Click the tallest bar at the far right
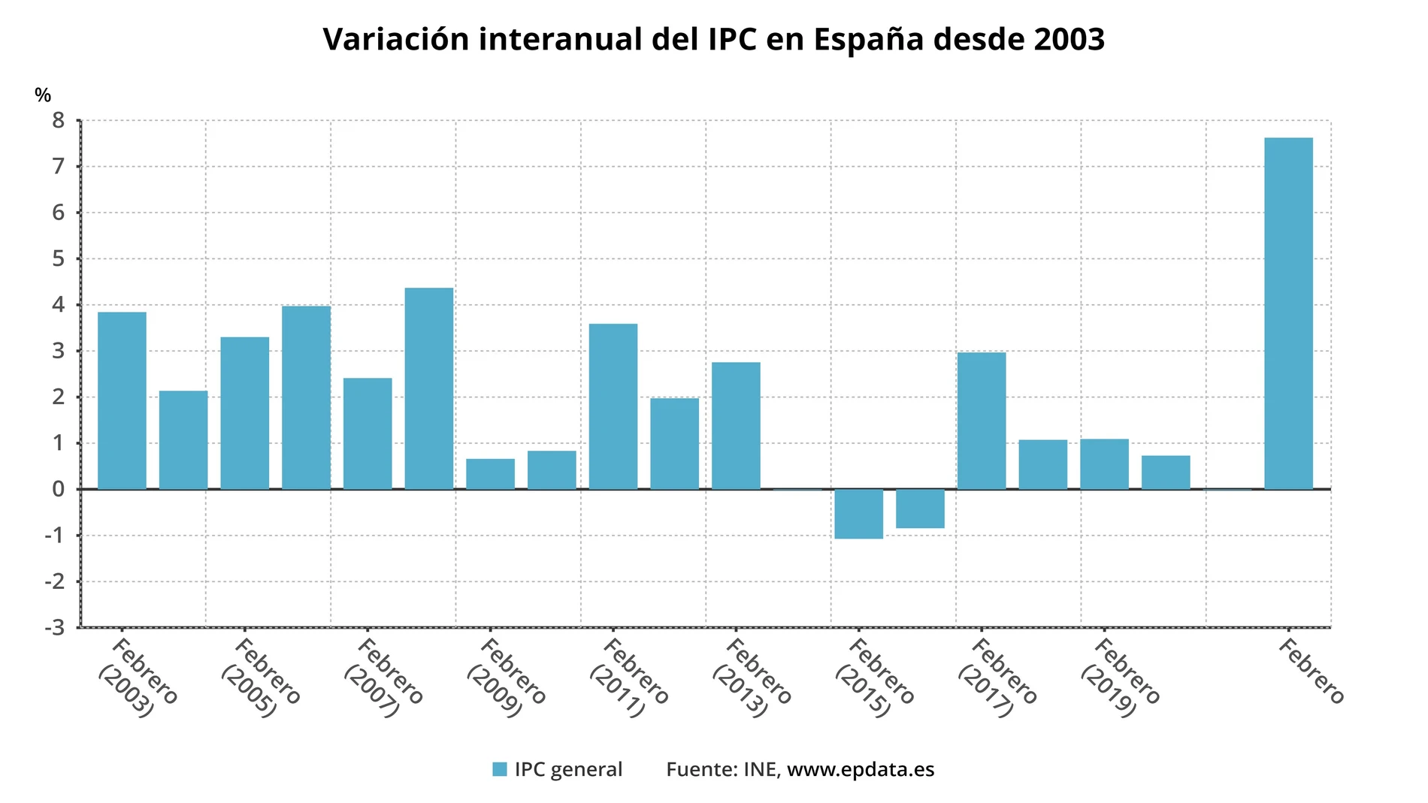click(x=1288, y=313)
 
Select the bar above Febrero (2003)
click(x=122, y=400)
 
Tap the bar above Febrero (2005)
click(x=244, y=413)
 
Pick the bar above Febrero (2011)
click(x=613, y=406)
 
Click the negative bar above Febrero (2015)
click(x=858, y=514)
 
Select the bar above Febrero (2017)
click(x=981, y=421)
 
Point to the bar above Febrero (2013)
click(x=736, y=426)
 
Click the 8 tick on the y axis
click(x=59, y=120)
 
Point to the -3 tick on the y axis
click(x=55, y=627)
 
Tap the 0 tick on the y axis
click(x=59, y=489)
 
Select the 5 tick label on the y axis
click(x=59, y=259)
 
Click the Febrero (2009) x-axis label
click(x=505, y=677)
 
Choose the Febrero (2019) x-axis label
click(x=1119, y=677)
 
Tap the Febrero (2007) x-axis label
click(x=383, y=677)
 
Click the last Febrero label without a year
click(x=1311, y=671)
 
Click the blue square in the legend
click(x=500, y=769)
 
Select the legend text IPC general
click(x=568, y=769)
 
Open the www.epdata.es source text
click(x=861, y=769)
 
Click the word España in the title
click(x=868, y=39)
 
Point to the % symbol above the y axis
click(x=43, y=95)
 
